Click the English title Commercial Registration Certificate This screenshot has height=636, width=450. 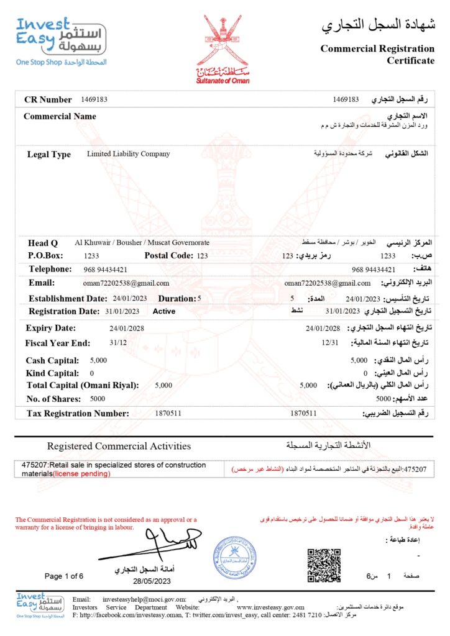point(377,54)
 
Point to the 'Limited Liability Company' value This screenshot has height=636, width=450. point(128,153)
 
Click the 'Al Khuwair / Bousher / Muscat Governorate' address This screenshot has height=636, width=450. point(142,242)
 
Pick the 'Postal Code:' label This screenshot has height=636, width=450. point(169,255)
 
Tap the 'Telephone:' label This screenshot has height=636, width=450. point(50,269)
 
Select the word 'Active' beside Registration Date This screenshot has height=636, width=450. point(164,311)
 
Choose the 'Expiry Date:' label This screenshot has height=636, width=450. point(51,328)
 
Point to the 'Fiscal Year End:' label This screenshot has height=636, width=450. point(58,343)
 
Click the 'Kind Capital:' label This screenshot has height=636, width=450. point(52,373)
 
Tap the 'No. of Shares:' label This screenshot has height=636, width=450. point(53,399)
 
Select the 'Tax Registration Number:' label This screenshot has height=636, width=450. point(78,413)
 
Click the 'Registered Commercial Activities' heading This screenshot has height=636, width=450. point(119,446)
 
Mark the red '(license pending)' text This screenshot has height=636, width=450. point(81,474)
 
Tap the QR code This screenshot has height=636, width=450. point(324,564)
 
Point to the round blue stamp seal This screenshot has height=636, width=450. point(234,557)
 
